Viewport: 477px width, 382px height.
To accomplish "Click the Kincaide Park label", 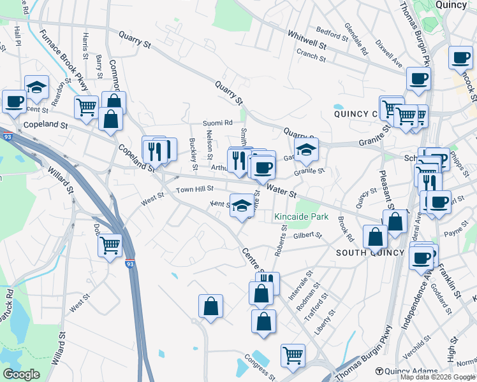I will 301,217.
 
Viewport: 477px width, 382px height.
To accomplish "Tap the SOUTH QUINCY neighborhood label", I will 370,253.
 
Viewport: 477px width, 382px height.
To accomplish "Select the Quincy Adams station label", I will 406,371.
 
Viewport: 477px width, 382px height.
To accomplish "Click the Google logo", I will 21,374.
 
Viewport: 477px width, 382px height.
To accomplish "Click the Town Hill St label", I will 194,190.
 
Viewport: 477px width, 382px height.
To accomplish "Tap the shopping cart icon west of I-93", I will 110,244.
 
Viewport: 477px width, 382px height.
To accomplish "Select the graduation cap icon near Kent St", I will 241,206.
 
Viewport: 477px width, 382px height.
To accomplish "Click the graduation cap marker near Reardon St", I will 37,88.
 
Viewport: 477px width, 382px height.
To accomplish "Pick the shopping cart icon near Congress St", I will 293,356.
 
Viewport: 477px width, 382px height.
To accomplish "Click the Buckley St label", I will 193,150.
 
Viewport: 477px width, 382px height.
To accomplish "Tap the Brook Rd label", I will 346,229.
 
